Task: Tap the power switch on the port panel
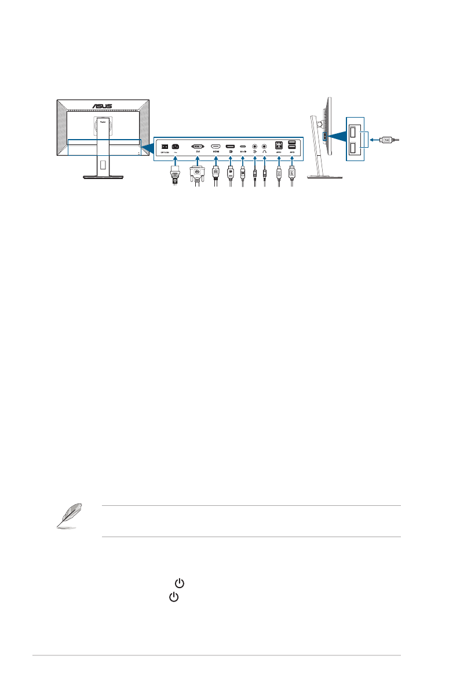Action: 165,145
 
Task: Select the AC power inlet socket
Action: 174,145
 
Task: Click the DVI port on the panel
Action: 198,146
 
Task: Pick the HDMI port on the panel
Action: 216,146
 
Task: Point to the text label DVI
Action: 198,152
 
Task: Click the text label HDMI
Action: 216,152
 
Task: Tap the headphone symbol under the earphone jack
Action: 265,152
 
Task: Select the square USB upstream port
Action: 279,145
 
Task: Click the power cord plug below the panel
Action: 174,173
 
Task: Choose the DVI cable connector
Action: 198,172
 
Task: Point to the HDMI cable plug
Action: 216,172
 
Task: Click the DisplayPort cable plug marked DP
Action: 230,172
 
